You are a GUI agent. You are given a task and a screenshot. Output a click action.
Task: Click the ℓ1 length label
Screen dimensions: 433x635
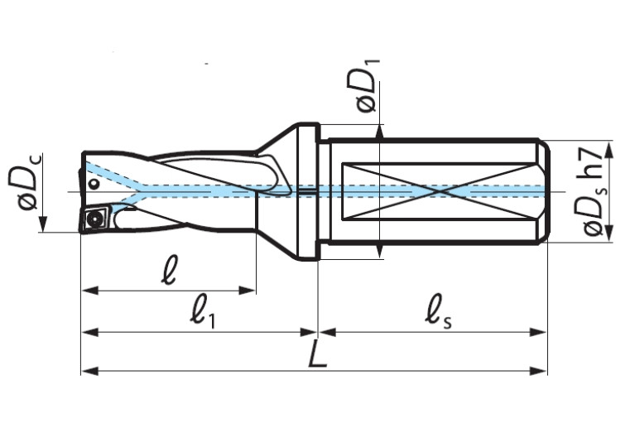(x=201, y=314)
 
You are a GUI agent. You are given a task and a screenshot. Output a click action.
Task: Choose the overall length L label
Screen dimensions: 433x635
(x=315, y=354)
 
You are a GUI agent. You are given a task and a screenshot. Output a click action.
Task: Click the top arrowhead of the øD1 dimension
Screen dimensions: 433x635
(x=380, y=130)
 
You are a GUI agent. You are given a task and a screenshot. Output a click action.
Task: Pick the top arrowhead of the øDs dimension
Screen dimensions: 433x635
(x=610, y=149)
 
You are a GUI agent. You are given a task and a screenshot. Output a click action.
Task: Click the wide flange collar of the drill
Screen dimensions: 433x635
(x=305, y=190)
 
